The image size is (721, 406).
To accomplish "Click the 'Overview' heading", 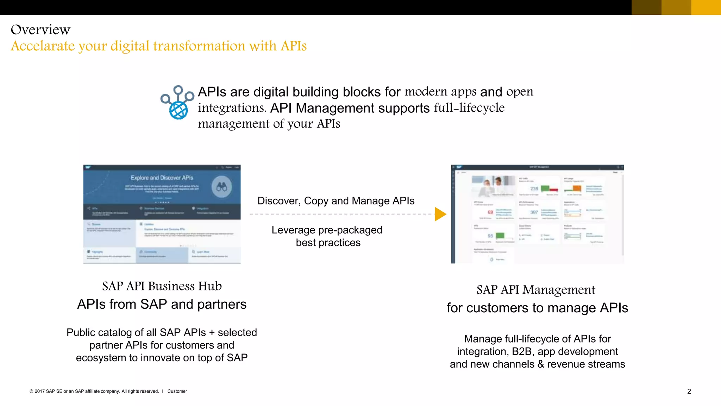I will (x=40, y=30).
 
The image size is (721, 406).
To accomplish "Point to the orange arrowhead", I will (x=440, y=214).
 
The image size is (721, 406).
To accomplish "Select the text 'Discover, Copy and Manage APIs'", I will (x=336, y=201).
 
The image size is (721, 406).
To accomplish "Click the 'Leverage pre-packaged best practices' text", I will (x=327, y=236).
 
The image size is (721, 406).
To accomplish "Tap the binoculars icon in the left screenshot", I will (x=222, y=187).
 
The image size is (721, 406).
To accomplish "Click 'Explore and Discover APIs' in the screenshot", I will (x=162, y=178).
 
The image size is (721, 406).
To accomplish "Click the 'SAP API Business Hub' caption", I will (x=162, y=286).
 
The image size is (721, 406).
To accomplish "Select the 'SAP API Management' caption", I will (x=536, y=290).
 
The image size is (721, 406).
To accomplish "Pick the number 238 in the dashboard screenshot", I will (x=534, y=189).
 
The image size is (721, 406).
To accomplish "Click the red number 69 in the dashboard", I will (x=490, y=212).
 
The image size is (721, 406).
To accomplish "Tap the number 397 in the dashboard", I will (x=534, y=212).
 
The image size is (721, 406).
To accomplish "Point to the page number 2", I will (x=689, y=391).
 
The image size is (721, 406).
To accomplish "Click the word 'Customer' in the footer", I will (x=177, y=391).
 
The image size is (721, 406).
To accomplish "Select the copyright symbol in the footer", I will (x=31, y=391).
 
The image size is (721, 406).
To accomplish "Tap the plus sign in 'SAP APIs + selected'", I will (x=212, y=333).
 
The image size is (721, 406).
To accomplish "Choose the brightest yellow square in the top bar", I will (x=706, y=7).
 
